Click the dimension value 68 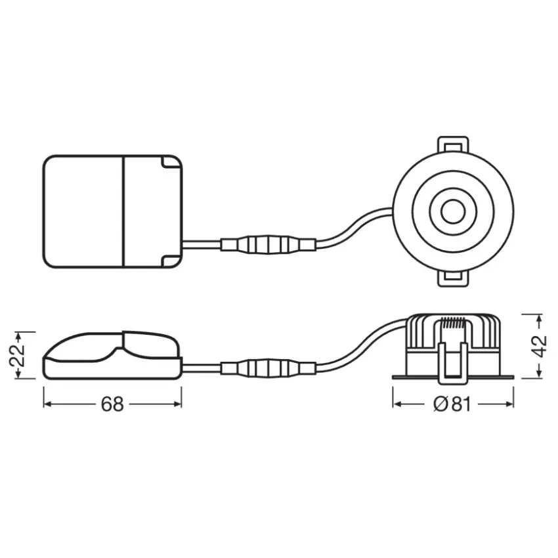coord(112,404)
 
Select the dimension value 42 coord(539,345)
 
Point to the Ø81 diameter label coord(452,404)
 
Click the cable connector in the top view coord(268,244)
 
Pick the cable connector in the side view coord(268,368)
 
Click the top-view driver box coord(112,212)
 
